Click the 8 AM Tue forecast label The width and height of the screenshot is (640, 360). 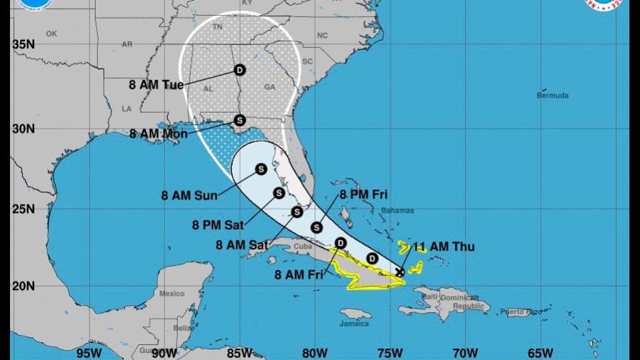[x=156, y=84]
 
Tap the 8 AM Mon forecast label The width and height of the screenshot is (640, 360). [x=158, y=134]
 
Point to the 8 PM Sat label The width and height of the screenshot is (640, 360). [x=217, y=225]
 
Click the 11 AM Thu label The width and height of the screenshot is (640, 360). [x=444, y=247]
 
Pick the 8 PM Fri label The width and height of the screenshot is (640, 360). [x=364, y=194]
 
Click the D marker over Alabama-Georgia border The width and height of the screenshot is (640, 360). [x=239, y=70]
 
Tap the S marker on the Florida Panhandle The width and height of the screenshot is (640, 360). [x=239, y=120]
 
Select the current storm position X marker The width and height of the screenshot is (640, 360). [x=400, y=271]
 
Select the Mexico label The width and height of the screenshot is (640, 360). [x=171, y=293]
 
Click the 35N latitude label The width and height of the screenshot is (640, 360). [x=24, y=44]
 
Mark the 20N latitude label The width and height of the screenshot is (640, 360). [x=24, y=286]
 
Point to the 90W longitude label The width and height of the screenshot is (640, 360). [x=164, y=351]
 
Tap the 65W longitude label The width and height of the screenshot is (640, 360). [x=540, y=351]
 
